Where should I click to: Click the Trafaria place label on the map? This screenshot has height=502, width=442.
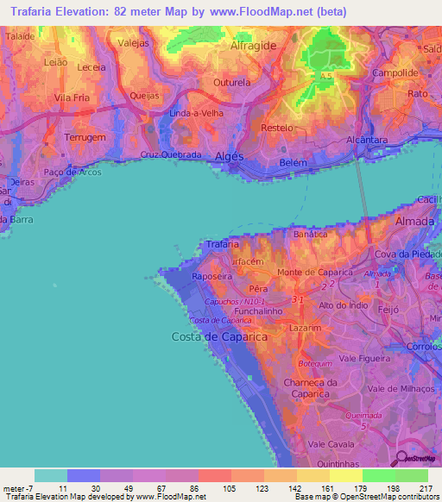coord(223,245)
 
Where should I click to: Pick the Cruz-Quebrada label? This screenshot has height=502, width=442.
coord(171,155)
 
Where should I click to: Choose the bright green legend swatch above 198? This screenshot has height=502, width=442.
coord(378,475)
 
